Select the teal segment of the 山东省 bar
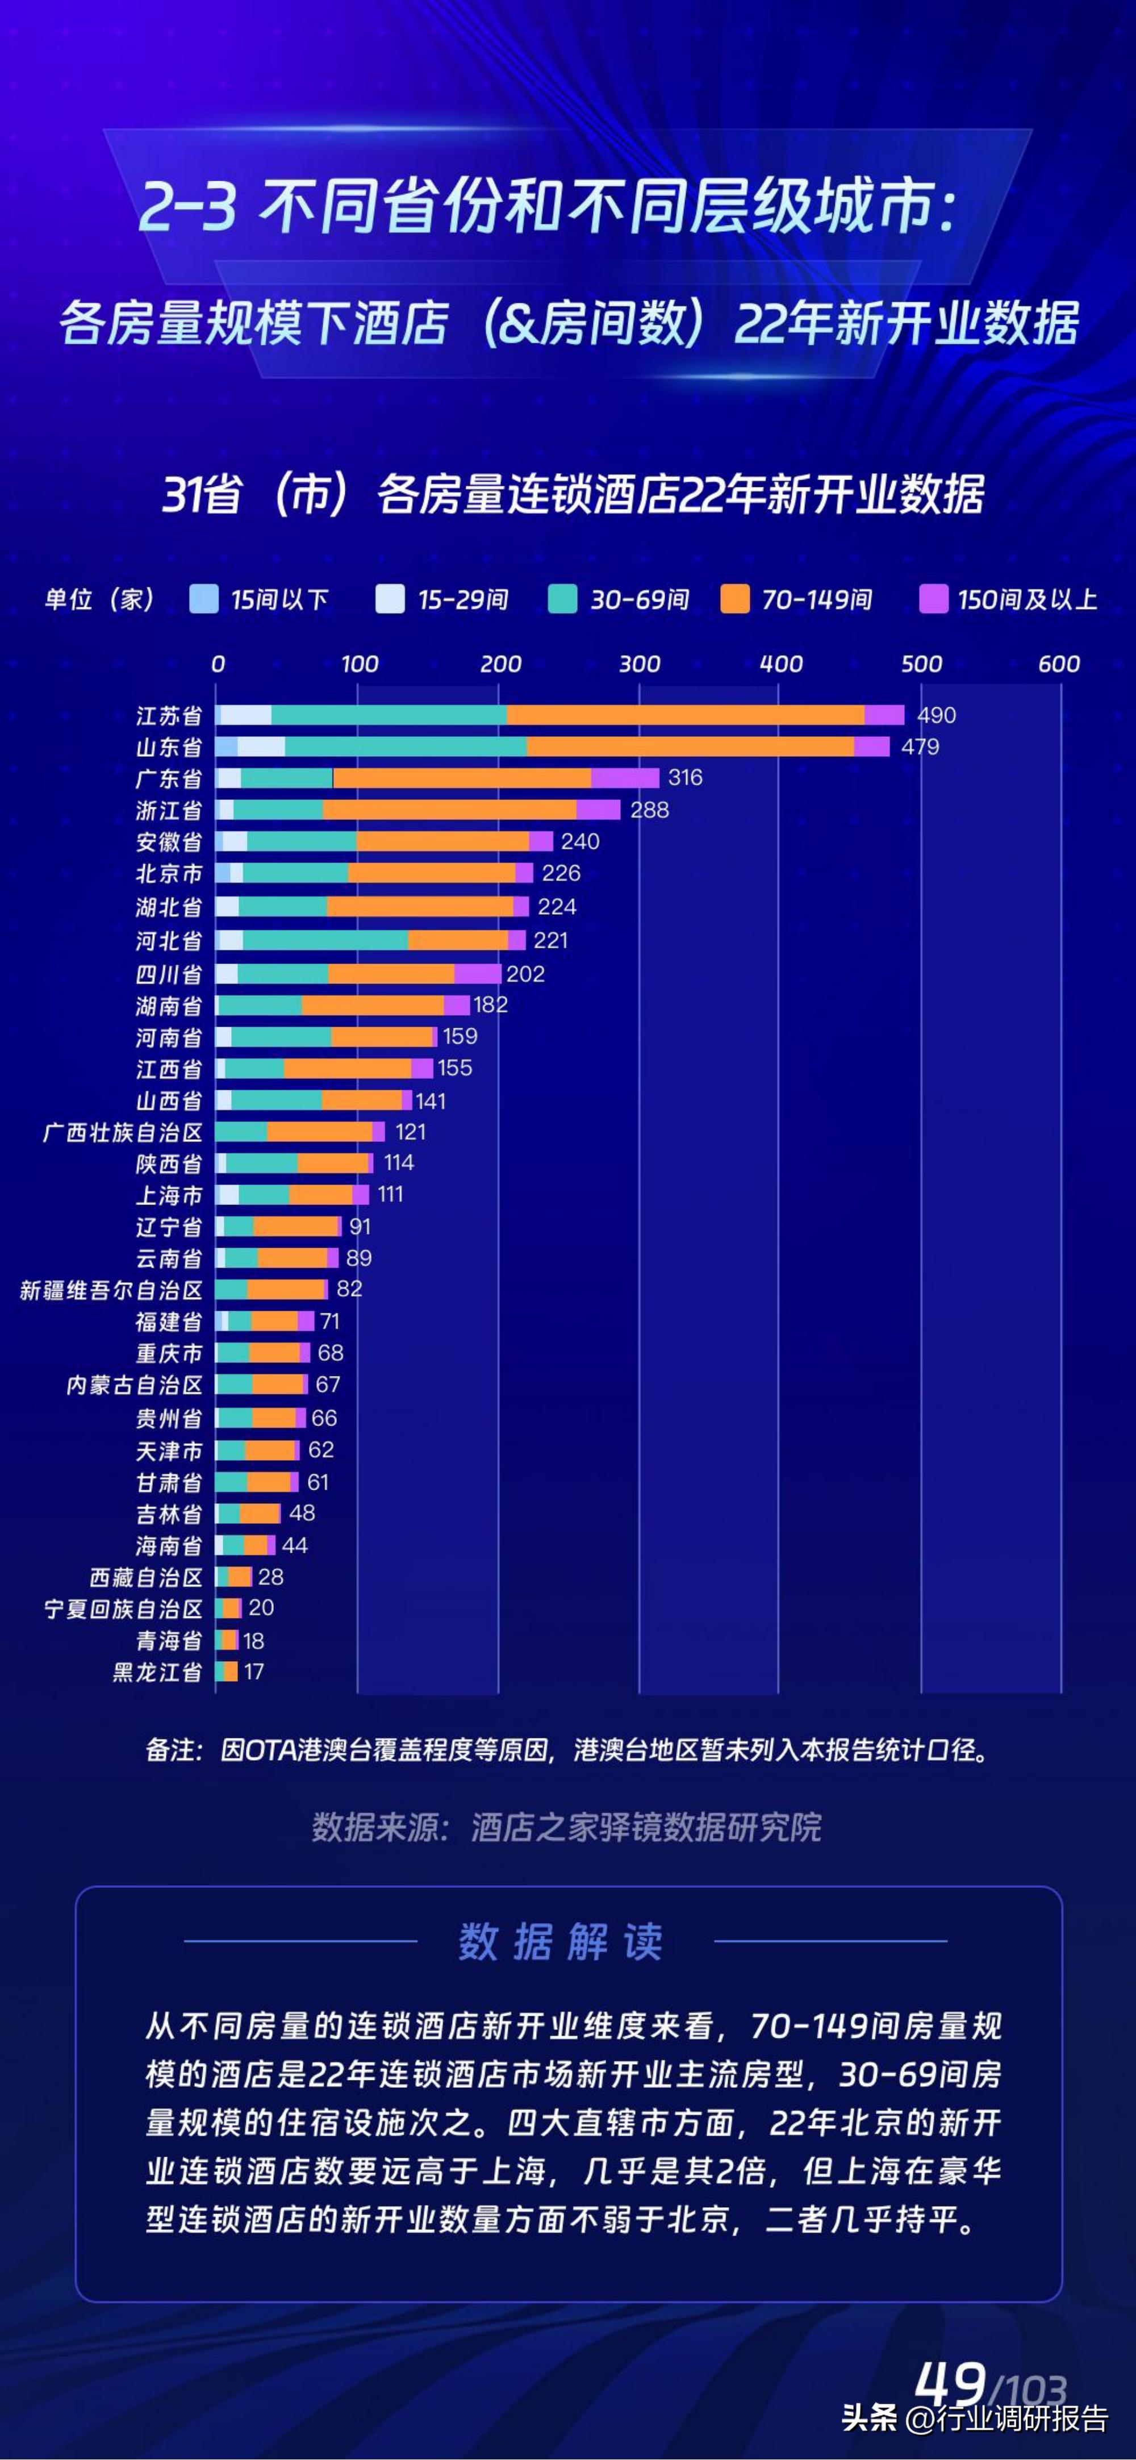[x=405, y=747]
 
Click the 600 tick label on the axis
[x=1059, y=664]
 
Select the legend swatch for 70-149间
[x=734, y=599]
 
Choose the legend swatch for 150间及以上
[x=932, y=599]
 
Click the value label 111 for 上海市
[x=390, y=1194]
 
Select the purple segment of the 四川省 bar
[x=477, y=973]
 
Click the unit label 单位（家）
[x=99, y=599]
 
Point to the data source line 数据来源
[x=566, y=1827]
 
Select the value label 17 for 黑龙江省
[x=253, y=1671]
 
